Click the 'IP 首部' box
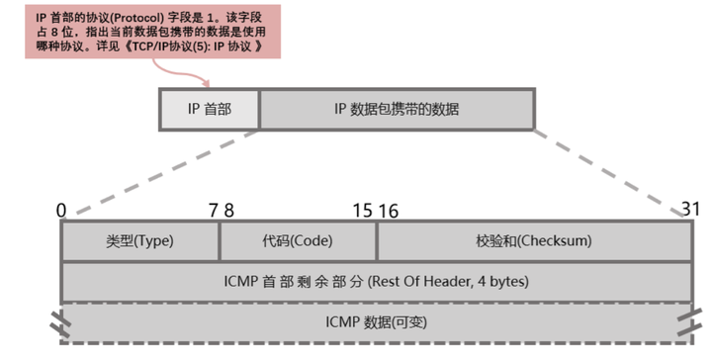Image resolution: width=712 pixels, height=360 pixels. (x=210, y=109)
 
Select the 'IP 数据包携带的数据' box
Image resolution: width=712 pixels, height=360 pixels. (x=396, y=109)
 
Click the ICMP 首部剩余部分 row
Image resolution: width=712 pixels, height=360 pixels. (x=376, y=282)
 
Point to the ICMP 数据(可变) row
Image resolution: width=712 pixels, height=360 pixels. (x=376, y=322)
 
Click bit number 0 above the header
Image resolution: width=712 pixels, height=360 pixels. (x=61, y=210)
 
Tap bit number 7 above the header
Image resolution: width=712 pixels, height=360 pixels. (x=213, y=210)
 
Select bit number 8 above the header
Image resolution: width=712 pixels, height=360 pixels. (x=229, y=210)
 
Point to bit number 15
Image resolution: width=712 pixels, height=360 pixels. (x=362, y=210)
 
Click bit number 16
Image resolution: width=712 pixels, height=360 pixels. (x=388, y=210)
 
